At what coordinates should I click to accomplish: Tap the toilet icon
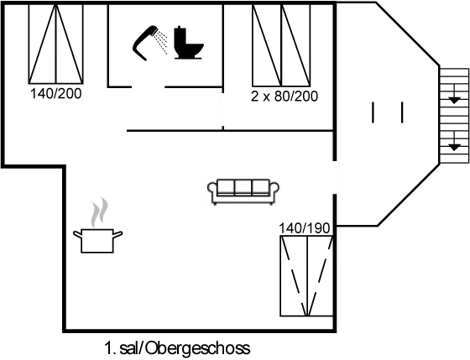pyautogui.click(x=188, y=42)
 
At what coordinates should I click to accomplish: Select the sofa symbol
pyautogui.click(x=243, y=192)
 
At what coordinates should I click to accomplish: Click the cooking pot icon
pyautogui.click(x=97, y=241)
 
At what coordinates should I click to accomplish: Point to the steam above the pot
pyautogui.click(x=99, y=212)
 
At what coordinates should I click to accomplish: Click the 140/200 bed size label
pyautogui.click(x=55, y=94)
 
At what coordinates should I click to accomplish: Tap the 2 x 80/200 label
pyautogui.click(x=285, y=97)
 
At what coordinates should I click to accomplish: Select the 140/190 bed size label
pyautogui.click(x=304, y=228)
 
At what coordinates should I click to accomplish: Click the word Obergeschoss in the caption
pyautogui.click(x=198, y=348)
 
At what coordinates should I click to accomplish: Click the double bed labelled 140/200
pyautogui.click(x=55, y=44)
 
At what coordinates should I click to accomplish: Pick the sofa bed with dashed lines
pyautogui.click(x=306, y=276)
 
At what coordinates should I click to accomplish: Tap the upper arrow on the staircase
pyautogui.click(x=454, y=95)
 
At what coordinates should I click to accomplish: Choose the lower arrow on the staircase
pyautogui.click(x=454, y=141)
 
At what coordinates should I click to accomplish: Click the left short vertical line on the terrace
pyautogui.click(x=373, y=112)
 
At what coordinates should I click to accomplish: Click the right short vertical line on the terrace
pyautogui.click(x=402, y=112)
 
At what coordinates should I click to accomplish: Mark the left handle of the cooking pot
pyautogui.click(x=77, y=234)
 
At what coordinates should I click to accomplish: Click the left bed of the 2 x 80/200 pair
pyautogui.click(x=267, y=45)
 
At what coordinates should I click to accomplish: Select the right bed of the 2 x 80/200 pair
pyautogui.click(x=295, y=45)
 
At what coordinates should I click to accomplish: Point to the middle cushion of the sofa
pyautogui.click(x=243, y=187)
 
